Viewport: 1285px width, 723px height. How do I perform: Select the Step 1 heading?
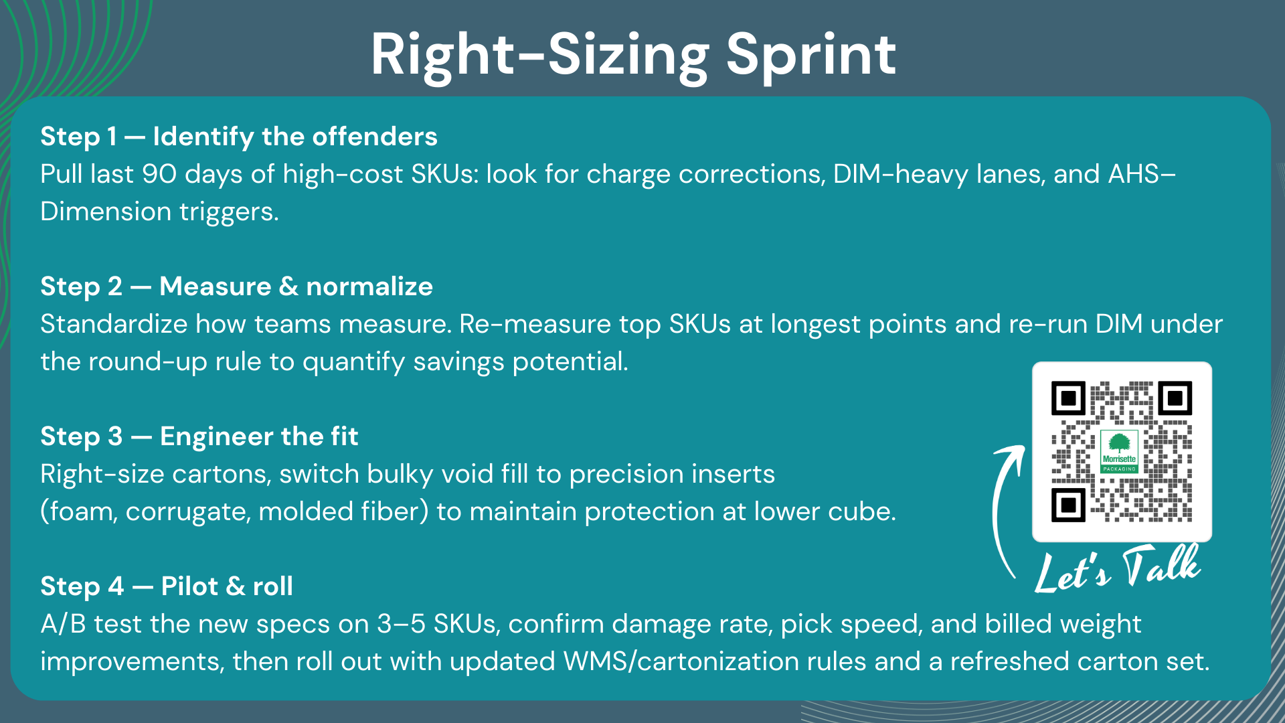[x=239, y=137]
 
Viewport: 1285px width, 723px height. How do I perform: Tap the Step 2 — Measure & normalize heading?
[x=237, y=287]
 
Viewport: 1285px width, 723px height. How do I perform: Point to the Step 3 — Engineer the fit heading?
[x=199, y=436]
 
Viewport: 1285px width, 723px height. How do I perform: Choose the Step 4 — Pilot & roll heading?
[x=167, y=586]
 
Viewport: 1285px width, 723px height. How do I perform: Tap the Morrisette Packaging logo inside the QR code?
[x=1120, y=452]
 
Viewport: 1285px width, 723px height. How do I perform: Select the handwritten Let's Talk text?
[x=1118, y=569]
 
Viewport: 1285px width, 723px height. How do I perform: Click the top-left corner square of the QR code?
[x=1069, y=398]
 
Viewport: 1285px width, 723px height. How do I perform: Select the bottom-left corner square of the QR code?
[x=1069, y=504]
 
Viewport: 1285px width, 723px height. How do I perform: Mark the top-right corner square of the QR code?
[x=1175, y=398]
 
